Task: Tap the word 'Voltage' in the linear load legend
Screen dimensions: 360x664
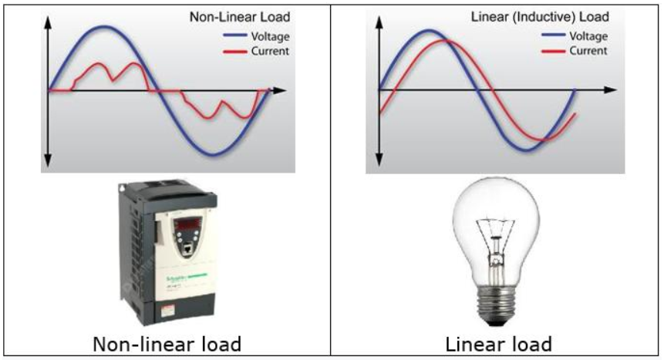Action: [x=588, y=36]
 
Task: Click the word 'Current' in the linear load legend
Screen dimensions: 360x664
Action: [x=588, y=51]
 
